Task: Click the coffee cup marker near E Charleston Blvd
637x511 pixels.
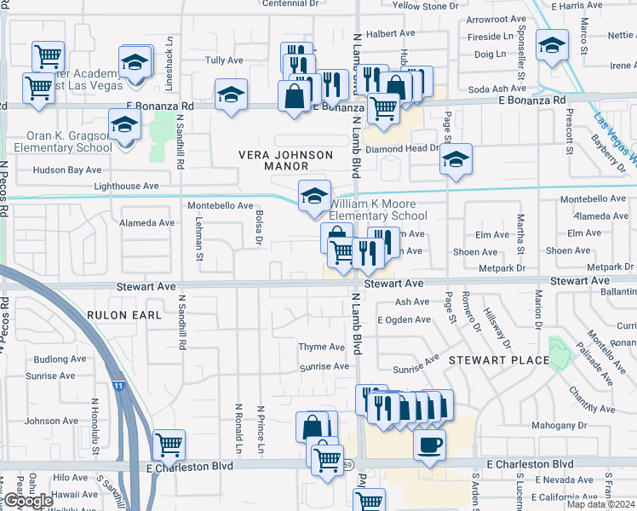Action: point(429,445)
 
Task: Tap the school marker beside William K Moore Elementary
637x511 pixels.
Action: point(313,196)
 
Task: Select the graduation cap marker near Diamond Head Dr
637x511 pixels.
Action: point(456,159)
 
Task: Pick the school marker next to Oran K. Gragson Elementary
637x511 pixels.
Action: point(124,127)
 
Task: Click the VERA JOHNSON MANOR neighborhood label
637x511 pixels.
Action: point(284,161)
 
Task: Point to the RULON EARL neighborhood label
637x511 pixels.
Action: point(123,314)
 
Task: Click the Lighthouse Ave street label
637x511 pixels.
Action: point(126,186)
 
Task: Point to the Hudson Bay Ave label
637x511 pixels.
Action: point(67,169)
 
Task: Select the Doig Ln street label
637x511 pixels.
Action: point(490,54)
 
